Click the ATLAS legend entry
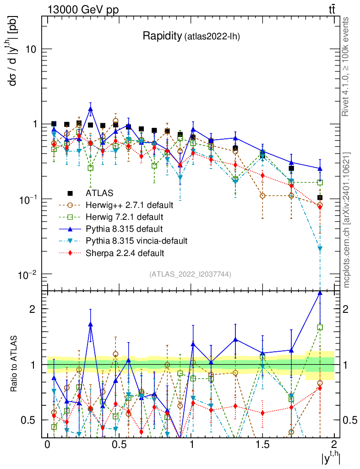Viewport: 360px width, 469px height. (x=99, y=193)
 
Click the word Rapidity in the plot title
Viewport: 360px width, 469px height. (x=162, y=36)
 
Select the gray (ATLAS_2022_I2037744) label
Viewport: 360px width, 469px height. (x=190, y=274)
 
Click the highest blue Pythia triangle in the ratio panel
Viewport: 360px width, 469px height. (x=320, y=293)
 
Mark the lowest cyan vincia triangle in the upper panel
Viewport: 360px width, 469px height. (x=320, y=249)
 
